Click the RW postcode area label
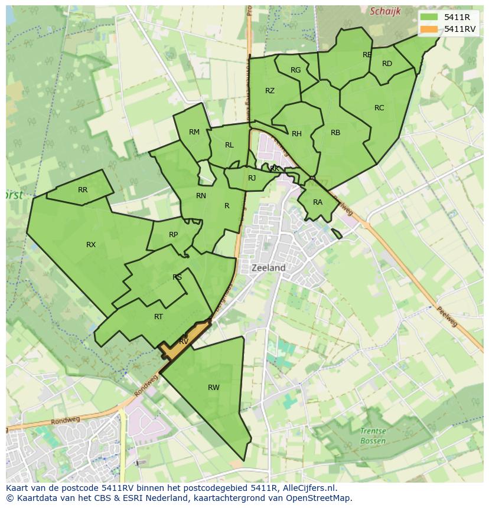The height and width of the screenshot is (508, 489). coord(214,388)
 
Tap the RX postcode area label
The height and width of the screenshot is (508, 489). coord(91,245)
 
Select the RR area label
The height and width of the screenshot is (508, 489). coord(83,190)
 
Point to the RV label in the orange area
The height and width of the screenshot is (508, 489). coord(184,342)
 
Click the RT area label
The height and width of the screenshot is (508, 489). coord(158,317)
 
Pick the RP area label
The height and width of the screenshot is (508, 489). coord(173,235)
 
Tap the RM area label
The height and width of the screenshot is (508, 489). coord(194,132)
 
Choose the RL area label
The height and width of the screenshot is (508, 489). coord(229,145)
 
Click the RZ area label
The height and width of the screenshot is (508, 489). coord(270,91)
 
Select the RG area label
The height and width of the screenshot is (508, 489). coord(296,70)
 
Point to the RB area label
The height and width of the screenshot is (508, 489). coord(335,133)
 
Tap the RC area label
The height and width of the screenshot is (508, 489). coord(379,108)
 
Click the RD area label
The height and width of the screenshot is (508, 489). coord(387,64)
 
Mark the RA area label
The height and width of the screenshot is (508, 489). coord(318,202)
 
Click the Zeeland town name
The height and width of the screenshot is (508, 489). coord(269,268)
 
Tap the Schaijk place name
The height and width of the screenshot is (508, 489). coord(385,11)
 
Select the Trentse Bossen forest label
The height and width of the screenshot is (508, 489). coord(373,436)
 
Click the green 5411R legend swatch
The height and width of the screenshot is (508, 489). coord(429,17)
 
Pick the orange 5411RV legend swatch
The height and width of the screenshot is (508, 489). coord(429,29)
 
